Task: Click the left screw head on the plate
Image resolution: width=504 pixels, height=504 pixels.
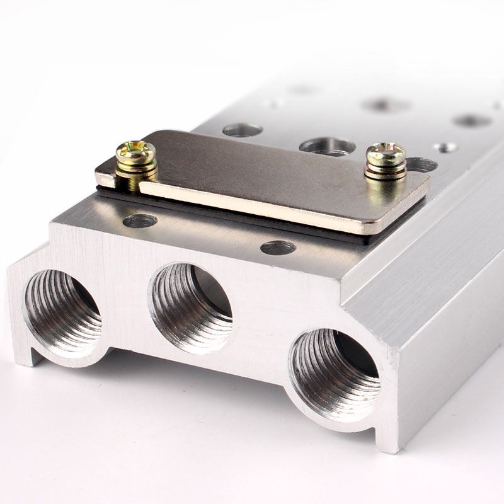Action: tap(135, 151)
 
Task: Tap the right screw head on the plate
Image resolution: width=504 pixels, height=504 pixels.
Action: tap(386, 153)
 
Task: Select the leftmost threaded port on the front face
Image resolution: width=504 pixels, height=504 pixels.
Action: tap(62, 312)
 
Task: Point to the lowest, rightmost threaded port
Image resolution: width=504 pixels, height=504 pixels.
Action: tap(335, 374)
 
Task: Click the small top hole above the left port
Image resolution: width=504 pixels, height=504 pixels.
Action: tap(140, 221)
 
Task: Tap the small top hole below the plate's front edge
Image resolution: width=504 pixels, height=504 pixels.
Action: tap(278, 248)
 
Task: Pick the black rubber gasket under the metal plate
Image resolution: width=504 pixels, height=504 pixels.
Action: tap(252, 220)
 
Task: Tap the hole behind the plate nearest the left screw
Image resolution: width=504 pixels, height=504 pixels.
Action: tap(243, 130)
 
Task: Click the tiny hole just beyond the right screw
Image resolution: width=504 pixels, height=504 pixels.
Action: tap(445, 147)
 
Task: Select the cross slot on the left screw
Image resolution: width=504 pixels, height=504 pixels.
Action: tap(135, 149)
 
